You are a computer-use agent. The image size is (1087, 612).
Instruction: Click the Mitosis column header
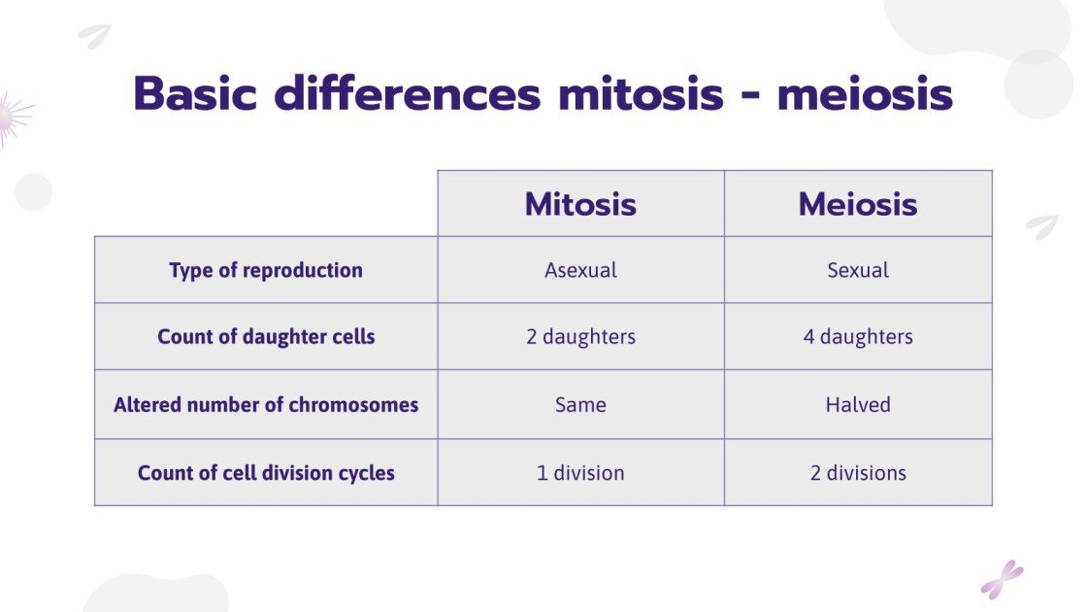click(580, 204)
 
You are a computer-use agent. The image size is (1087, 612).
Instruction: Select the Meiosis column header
click(858, 204)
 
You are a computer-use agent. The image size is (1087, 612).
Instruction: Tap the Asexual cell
click(580, 270)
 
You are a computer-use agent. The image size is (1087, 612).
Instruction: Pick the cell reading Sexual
click(858, 270)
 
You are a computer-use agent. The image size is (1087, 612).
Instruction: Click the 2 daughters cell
click(580, 337)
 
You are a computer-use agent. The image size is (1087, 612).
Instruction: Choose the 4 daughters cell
click(858, 337)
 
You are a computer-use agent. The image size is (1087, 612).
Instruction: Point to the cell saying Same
click(580, 404)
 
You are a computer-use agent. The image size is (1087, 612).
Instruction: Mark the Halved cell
click(858, 404)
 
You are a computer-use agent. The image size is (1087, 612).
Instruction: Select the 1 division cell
click(580, 473)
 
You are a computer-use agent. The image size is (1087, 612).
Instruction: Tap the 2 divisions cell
click(858, 473)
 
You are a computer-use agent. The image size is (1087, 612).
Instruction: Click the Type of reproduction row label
click(266, 270)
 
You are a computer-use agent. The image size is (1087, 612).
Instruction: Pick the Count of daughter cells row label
click(266, 337)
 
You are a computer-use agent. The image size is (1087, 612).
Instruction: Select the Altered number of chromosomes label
click(266, 404)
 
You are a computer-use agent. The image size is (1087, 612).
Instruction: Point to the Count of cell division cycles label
click(266, 473)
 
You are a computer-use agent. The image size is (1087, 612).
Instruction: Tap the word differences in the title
click(407, 94)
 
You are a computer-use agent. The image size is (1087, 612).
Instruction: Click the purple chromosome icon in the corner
click(1002, 579)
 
